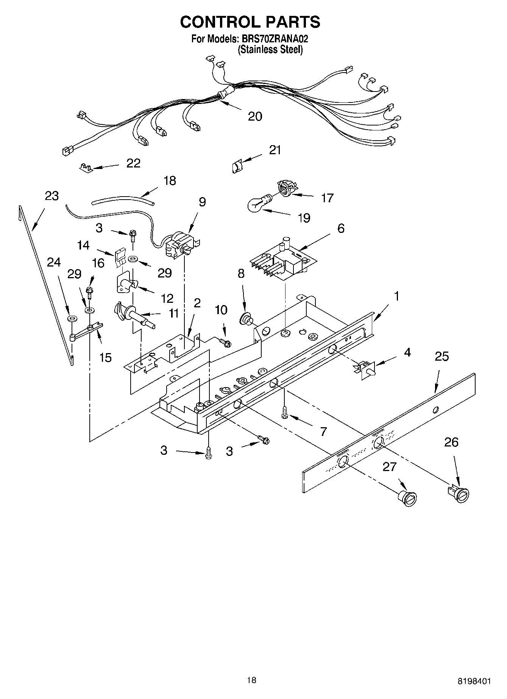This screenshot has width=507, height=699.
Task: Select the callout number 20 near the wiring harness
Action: pos(255,116)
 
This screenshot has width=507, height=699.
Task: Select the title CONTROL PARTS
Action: pos(250,22)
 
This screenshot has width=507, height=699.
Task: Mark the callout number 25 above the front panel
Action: pos(441,356)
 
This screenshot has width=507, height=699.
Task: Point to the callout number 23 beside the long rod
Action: pos(52,196)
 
